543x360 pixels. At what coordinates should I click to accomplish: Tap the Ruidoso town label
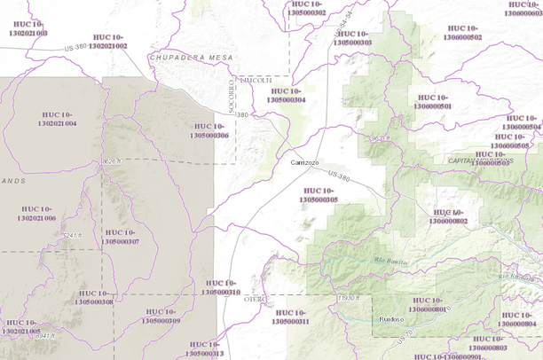coord(391,317)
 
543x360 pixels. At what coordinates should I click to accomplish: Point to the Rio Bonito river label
coord(391,260)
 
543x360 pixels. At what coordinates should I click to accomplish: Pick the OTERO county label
coord(255,300)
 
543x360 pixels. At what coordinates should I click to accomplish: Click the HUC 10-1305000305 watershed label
coord(320,195)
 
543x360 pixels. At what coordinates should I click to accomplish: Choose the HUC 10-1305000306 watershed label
coord(211,130)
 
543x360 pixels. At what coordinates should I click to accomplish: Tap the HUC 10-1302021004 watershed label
coord(58,119)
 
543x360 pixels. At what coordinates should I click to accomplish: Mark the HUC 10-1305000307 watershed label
coord(120,237)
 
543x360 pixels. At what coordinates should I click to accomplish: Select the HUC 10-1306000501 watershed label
coord(434,101)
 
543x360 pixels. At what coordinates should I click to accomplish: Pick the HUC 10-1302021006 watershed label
coord(36,213)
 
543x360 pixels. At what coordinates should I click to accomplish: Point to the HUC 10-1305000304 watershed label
coord(287,95)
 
